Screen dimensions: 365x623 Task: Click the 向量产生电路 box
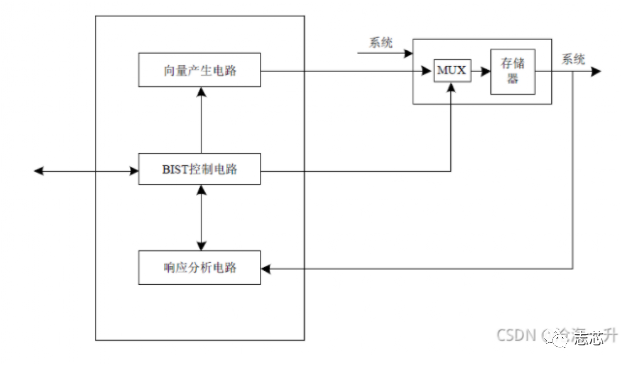click(200, 70)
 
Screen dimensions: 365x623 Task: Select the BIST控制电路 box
click(200, 171)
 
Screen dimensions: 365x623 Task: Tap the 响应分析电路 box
click(200, 266)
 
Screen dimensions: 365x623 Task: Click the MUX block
click(451, 71)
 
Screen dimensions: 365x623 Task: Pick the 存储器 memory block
click(512, 71)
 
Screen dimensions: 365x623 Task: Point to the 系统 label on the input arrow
click(381, 42)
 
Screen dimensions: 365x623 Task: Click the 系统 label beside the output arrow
click(573, 58)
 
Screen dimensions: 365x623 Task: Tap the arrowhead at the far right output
click(595, 71)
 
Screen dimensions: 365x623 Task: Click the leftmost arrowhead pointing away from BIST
click(39, 171)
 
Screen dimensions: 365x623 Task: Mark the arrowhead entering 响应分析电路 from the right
click(267, 267)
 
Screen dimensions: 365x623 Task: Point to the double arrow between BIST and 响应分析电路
click(201, 218)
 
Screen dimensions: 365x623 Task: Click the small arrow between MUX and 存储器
click(482, 71)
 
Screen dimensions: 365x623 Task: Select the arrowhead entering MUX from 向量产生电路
click(428, 71)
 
